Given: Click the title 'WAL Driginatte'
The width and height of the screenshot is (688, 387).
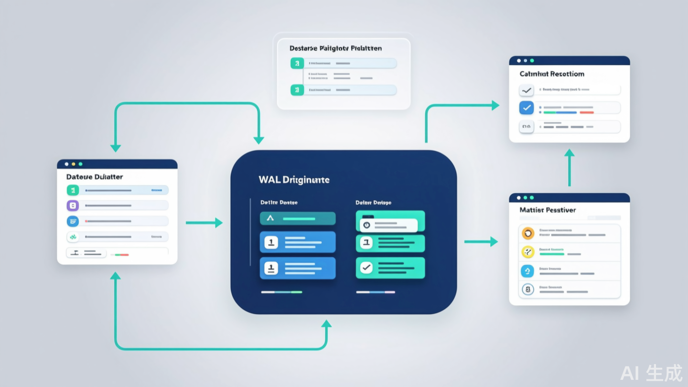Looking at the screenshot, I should click(294, 180).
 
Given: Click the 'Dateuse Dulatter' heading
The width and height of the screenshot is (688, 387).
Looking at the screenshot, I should click(95, 177).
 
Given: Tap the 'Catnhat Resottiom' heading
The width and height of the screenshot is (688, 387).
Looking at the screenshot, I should click(552, 74).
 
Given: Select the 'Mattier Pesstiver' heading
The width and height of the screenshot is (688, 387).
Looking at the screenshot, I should click(548, 210).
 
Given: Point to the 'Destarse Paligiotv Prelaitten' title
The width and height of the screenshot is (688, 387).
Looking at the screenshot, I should click(335, 48).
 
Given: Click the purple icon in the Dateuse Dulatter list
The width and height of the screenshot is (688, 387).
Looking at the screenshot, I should click(73, 206).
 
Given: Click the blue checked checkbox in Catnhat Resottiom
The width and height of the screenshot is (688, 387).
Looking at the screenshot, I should click(527, 108).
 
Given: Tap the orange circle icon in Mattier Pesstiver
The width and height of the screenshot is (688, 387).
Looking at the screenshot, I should click(527, 233).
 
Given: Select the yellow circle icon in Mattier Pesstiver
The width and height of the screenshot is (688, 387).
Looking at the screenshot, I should click(527, 252).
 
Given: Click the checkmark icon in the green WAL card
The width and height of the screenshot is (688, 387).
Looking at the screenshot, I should click(366, 268).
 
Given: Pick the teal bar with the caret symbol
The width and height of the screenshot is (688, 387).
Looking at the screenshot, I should click(297, 218).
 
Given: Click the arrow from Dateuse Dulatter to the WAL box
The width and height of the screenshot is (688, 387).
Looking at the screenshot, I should click(204, 223).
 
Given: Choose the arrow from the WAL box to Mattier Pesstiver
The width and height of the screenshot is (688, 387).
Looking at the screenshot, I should click(481, 242).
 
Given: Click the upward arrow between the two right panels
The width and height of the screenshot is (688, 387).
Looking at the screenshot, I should click(569, 167).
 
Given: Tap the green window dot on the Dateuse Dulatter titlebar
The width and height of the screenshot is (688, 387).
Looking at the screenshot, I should click(80, 164).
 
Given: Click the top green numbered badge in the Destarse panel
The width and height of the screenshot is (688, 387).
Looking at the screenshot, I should click(297, 63).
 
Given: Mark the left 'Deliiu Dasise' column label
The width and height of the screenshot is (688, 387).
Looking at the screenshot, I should click(279, 203).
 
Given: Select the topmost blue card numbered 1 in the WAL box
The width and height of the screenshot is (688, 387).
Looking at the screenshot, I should click(297, 242).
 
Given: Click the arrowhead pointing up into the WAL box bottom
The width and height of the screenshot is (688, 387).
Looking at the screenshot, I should click(326, 324).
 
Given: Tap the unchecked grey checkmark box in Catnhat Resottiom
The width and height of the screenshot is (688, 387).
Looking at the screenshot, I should click(527, 90).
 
